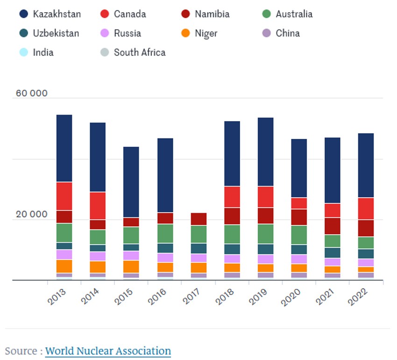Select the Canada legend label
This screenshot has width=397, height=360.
click(129, 14)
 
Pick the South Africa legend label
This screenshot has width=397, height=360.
click(140, 52)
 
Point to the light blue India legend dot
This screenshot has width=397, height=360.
click(24, 52)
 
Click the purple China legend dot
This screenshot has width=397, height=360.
click(267, 33)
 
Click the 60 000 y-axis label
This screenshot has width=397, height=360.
click(32, 93)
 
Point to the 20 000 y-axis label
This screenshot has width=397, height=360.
click(32, 215)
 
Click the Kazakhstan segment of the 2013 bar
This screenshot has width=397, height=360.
click(64, 148)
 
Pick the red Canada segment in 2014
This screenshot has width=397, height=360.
click(98, 206)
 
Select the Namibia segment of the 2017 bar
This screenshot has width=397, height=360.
click(198, 219)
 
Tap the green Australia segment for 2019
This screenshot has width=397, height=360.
click(266, 234)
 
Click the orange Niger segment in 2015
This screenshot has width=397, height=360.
click(131, 266)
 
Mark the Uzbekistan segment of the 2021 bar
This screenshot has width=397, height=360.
click(333, 252)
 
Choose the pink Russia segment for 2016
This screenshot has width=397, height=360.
click(165, 258)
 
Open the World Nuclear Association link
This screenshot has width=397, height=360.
click(108, 351)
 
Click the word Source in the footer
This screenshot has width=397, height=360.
click(21, 351)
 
